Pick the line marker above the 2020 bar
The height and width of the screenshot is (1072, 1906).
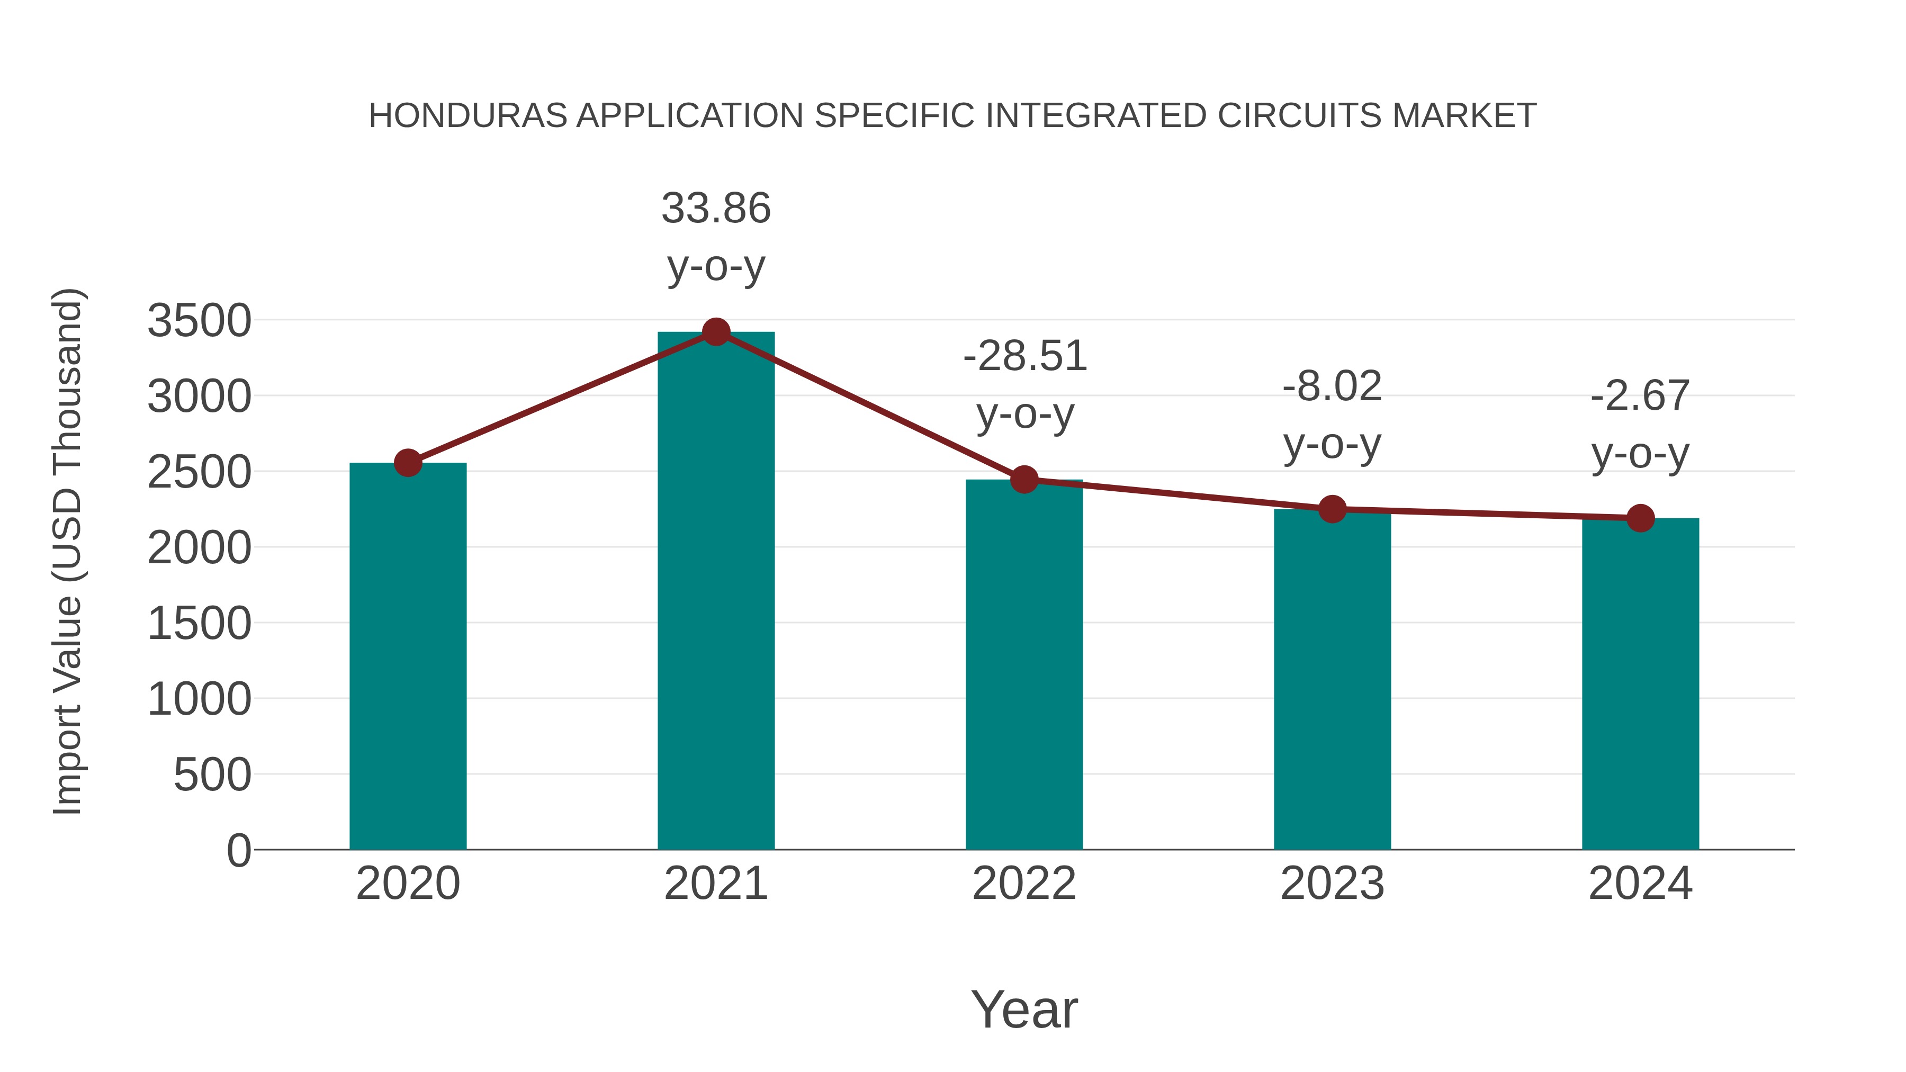408,463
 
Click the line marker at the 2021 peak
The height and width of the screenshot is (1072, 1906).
715,332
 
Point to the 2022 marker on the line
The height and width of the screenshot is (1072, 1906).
1024,480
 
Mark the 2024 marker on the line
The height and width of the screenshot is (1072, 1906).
1640,518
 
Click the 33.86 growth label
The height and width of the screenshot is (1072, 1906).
715,209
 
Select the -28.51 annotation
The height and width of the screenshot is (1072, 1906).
1025,357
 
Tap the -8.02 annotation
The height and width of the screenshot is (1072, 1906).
1332,387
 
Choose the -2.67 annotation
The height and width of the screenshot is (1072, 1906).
1640,396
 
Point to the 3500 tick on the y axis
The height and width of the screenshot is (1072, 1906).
200,321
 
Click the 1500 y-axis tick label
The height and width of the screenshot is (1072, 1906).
200,624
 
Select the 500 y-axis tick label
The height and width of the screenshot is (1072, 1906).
212,776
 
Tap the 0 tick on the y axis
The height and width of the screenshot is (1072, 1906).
239,851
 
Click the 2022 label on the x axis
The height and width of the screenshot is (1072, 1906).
1024,884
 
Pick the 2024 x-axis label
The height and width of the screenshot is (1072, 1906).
1640,884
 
